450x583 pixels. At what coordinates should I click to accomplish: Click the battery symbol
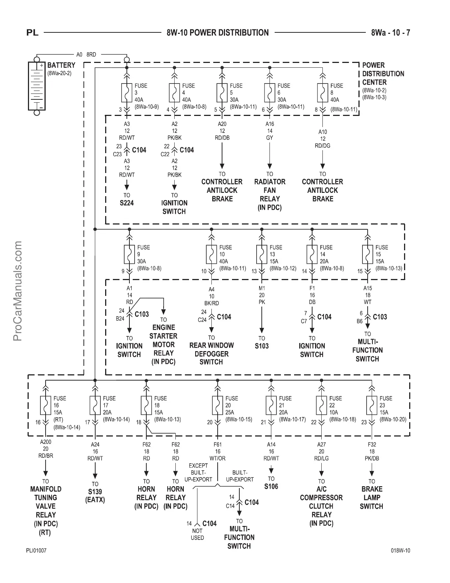[36, 85]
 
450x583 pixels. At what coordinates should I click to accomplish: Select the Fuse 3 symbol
[127, 93]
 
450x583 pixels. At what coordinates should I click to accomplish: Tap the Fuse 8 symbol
[322, 93]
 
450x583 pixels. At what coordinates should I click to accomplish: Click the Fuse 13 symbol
[262, 254]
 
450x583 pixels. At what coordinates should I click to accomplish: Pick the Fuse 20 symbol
[218, 405]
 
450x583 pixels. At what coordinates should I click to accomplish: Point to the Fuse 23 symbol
[372, 405]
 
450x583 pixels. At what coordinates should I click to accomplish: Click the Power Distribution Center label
[383, 74]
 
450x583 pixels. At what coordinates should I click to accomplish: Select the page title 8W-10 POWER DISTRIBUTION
[218, 33]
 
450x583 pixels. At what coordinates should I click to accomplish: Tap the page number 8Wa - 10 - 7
[390, 33]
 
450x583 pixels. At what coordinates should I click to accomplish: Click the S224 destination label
[127, 203]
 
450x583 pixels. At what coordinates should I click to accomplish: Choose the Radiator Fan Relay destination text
[270, 195]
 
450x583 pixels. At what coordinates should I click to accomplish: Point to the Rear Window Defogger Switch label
[211, 354]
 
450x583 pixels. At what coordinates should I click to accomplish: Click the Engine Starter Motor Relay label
[164, 344]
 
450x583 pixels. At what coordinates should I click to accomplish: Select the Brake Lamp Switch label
[372, 498]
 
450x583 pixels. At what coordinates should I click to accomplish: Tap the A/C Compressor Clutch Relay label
[321, 506]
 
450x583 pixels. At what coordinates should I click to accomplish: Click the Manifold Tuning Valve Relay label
[46, 510]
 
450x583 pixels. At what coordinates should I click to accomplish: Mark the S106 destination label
[271, 487]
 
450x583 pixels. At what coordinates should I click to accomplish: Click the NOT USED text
[197, 534]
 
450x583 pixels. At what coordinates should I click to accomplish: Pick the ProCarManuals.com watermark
[18, 291]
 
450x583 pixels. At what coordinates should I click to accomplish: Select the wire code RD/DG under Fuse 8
[322, 146]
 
